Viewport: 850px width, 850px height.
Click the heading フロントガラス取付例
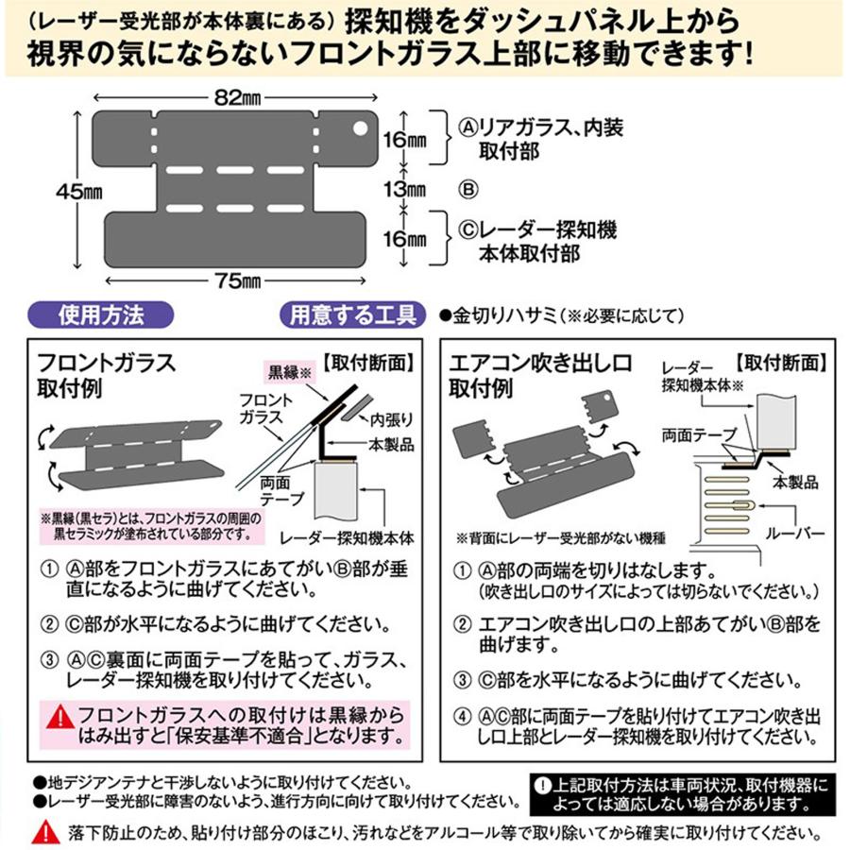point(106,375)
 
